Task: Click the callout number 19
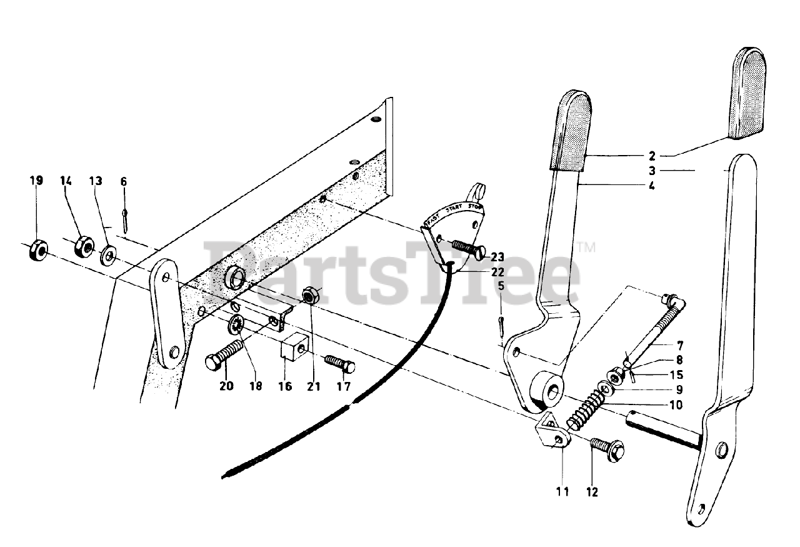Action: (x=36, y=181)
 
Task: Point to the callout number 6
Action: (x=124, y=181)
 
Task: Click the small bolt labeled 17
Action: (x=339, y=363)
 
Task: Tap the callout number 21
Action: (x=313, y=386)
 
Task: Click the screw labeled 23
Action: (x=467, y=246)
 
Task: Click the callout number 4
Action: (x=652, y=186)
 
